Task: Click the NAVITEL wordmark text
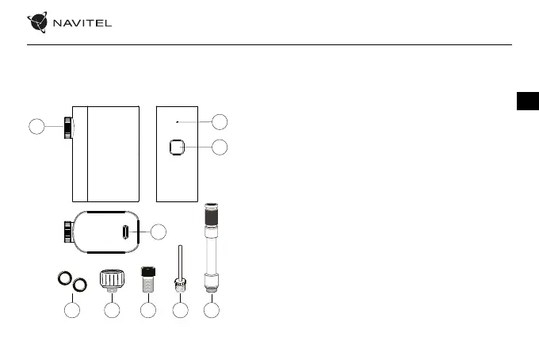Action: pyautogui.click(x=82, y=24)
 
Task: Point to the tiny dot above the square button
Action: pyautogui.click(x=178, y=122)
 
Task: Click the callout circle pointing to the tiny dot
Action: pyautogui.click(x=220, y=121)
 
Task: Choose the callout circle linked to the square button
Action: pyautogui.click(x=220, y=147)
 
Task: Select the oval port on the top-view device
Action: pyautogui.click(x=125, y=232)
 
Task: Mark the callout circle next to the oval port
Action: pyautogui.click(x=159, y=232)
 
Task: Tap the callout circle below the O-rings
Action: pyautogui.click(x=72, y=311)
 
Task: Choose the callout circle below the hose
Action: pyautogui.click(x=211, y=311)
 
